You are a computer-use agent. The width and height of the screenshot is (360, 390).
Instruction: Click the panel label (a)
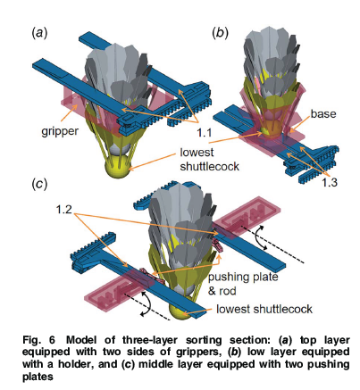click(x=39, y=33)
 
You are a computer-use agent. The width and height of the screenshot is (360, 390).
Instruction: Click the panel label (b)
click(x=219, y=33)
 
